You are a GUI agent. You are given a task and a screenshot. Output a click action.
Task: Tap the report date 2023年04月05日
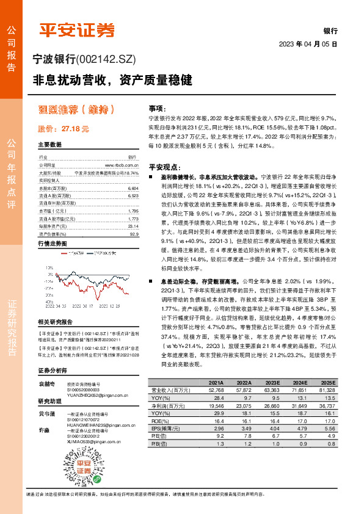(308, 45)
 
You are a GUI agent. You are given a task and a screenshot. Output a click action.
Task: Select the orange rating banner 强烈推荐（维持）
(75, 109)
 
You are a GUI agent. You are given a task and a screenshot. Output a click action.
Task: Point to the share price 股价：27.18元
(64, 129)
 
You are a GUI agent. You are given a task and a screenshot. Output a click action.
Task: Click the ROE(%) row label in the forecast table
(161, 421)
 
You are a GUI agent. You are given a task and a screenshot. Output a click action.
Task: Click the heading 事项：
(157, 106)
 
